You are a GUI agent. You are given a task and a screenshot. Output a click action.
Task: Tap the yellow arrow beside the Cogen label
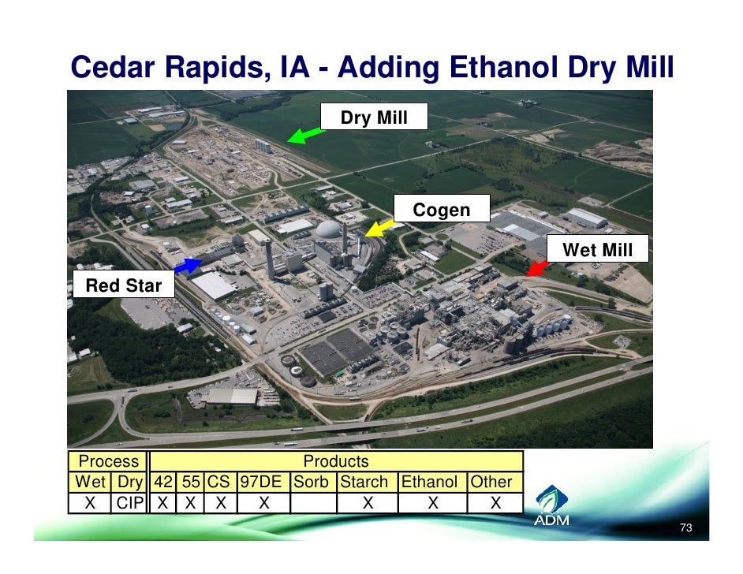pos(380,229)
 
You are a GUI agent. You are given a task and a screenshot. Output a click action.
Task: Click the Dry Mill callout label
pos(374,117)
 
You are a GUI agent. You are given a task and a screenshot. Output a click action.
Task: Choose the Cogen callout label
pos(442,210)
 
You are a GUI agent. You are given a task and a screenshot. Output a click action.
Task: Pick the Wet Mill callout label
pos(597,250)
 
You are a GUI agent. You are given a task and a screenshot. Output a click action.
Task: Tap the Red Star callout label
pos(123,285)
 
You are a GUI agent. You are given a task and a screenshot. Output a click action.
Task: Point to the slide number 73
pos(685,527)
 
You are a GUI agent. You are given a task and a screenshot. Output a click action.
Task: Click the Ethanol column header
pos(432,482)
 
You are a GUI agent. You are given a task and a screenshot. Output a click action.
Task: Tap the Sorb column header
pos(313,482)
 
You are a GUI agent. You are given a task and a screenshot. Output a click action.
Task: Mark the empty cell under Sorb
pos(313,502)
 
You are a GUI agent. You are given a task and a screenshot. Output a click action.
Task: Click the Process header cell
pos(107,461)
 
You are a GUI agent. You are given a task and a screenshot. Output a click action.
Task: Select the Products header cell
pos(336,461)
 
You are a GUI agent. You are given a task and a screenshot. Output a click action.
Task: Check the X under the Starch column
pos(367,502)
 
